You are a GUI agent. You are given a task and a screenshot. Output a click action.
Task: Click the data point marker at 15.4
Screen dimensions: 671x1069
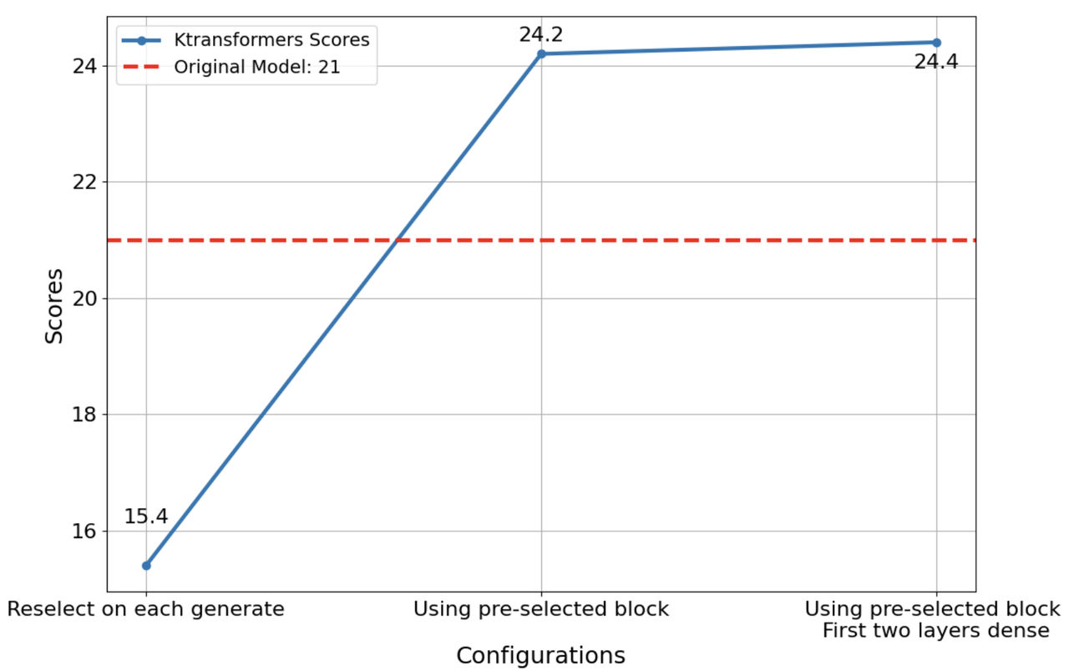point(146,566)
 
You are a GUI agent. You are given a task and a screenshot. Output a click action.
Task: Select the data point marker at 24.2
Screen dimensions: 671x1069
point(541,53)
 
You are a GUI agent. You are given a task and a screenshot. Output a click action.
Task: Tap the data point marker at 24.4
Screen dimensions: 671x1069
point(936,43)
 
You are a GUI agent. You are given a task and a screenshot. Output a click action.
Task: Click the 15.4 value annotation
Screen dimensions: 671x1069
point(146,517)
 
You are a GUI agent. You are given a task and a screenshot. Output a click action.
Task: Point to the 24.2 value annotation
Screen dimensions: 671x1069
point(541,35)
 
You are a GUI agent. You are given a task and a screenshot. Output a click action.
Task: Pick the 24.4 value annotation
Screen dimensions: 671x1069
point(936,62)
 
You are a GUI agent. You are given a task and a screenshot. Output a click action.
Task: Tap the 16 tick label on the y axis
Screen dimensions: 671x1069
point(88,531)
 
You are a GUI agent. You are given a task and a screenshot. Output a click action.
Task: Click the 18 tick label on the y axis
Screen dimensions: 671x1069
point(88,415)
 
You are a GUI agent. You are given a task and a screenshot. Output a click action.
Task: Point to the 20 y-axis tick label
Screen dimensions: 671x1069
point(88,299)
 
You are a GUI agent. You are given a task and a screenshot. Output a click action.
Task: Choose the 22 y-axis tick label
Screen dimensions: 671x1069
point(88,182)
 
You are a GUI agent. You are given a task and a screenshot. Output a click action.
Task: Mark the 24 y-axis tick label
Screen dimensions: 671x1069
point(88,66)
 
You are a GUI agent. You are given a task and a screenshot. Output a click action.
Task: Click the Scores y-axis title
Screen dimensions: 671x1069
point(54,306)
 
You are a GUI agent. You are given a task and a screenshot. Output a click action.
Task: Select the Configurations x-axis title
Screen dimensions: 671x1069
point(540,656)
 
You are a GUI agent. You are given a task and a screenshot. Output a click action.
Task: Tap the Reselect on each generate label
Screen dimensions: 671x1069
point(146,609)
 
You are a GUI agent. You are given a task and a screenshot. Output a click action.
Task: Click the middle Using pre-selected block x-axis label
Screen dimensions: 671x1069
point(541,609)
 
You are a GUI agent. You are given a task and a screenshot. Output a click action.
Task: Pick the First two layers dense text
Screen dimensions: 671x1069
point(935,631)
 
